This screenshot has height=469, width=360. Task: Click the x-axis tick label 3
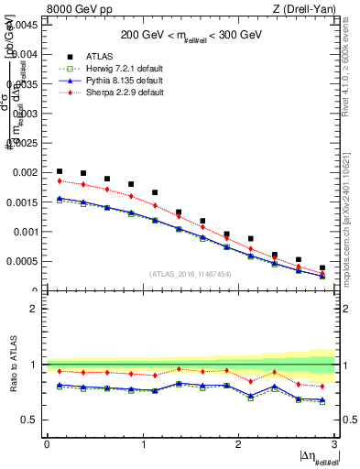[x=335, y=444]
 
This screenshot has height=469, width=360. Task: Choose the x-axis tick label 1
[x=143, y=444]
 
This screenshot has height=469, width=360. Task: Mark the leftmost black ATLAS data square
[x=60, y=171]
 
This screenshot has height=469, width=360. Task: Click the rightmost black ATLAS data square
[x=322, y=267]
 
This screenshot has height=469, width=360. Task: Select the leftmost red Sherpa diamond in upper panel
[x=60, y=180]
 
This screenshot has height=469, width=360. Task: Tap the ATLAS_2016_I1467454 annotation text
[x=191, y=274]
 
